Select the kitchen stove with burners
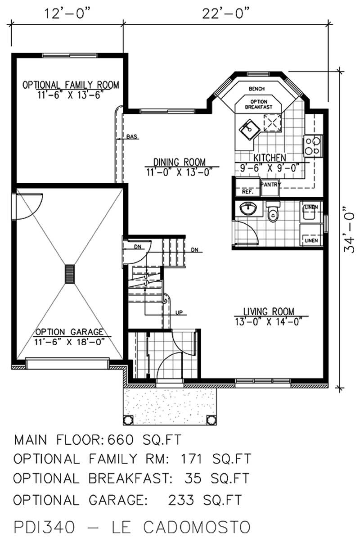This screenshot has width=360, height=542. pos(313,145)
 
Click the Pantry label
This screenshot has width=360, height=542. pos(270,184)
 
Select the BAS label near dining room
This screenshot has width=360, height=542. pos(131,136)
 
